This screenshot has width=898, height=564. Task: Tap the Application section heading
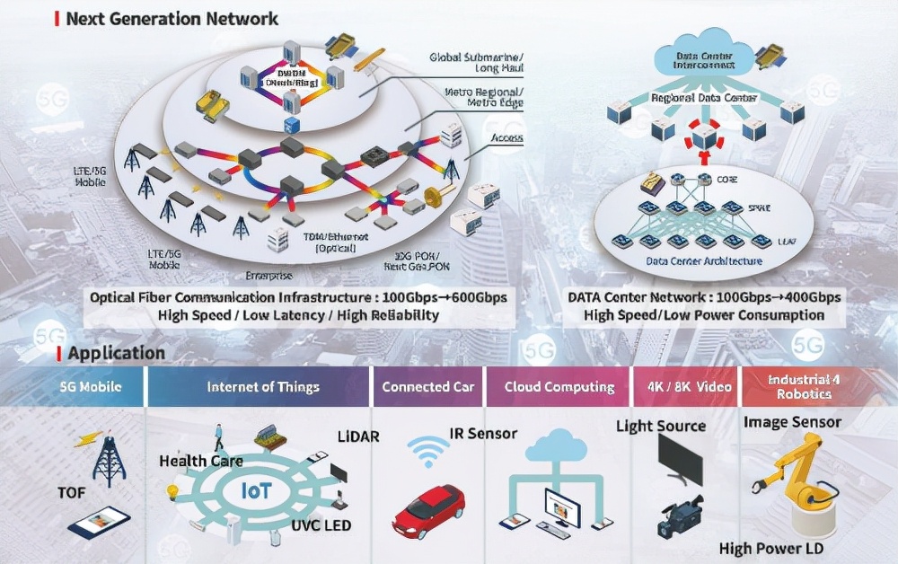pyautogui.click(x=116, y=353)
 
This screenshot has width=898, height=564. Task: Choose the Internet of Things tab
pyautogui.click(x=263, y=387)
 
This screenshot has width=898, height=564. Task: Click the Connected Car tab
pyautogui.click(x=427, y=387)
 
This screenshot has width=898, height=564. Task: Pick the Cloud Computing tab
pyautogui.click(x=559, y=387)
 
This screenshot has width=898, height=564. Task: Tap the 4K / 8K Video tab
pyautogui.click(x=688, y=387)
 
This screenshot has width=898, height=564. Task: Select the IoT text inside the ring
pyautogui.click(x=257, y=491)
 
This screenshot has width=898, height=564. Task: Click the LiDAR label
pyautogui.click(x=358, y=436)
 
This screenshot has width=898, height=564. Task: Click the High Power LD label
pyautogui.click(x=771, y=548)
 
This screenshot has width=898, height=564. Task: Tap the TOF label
pyautogui.click(x=72, y=493)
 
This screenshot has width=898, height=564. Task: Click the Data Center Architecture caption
pyautogui.click(x=704, y=261)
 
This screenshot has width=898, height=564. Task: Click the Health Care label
pyautogui.click(x=201, y=461)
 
